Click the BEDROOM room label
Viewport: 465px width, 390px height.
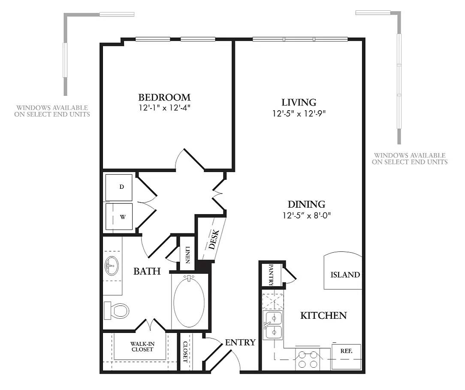(164, 97)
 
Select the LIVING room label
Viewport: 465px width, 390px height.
(299, 103)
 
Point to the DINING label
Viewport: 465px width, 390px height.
(306, 204)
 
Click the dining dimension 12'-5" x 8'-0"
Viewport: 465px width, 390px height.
(306, 215)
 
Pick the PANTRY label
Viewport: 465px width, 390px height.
(271, 275)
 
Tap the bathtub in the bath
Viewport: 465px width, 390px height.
(189, 301)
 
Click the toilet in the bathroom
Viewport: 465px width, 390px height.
(117, 310)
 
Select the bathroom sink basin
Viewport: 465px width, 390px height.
(112, 266)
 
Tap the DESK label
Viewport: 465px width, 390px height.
(214, 240)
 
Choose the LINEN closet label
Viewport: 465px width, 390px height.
(187, 253)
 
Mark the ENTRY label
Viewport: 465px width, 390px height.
(240, 342)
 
